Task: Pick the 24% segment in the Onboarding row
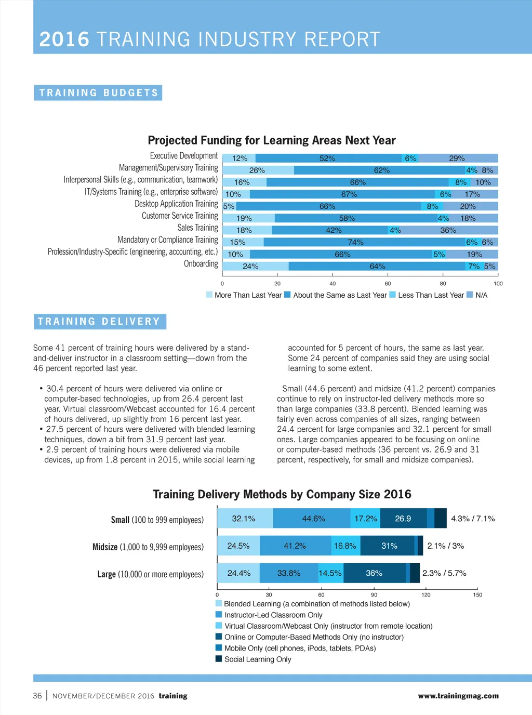coord(255,267)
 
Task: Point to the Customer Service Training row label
coord(180,216)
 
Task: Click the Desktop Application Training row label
coord(176,204)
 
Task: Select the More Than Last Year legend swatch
coord(209,295)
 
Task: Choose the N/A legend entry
coord(481,295)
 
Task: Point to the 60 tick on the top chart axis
coord(388,284)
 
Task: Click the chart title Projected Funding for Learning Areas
coord(272,140)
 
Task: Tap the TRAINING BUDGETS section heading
coord(98,93)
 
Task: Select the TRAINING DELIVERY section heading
coord(100,322)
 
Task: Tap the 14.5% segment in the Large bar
coord(330,573)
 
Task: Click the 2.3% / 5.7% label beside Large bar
coord(444,573)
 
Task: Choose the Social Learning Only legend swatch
coord(219,659)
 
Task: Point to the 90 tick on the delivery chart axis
coord(374,595)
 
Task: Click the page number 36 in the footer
coord(37,696)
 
